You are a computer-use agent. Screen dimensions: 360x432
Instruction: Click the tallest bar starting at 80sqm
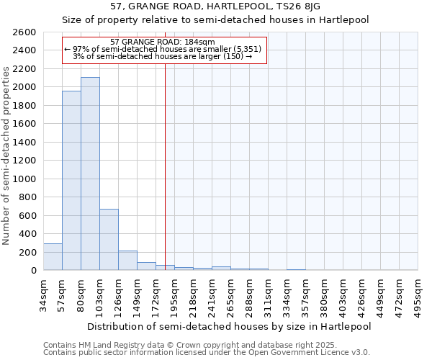coord(90,174)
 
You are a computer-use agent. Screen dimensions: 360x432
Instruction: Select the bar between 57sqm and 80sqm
coord(71,180)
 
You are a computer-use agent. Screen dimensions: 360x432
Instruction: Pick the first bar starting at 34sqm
coord(53,257)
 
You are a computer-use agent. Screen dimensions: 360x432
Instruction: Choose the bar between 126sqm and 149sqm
coord(127,261)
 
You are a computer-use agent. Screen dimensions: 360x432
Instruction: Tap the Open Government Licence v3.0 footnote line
coord(207,352)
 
